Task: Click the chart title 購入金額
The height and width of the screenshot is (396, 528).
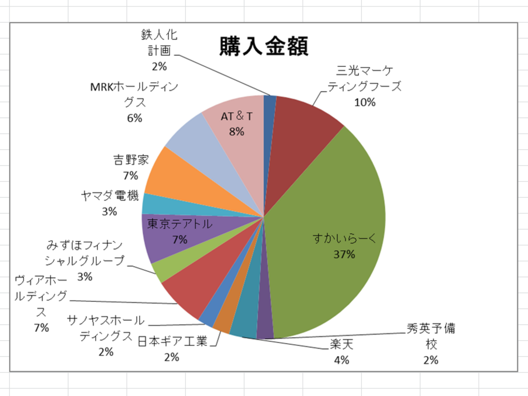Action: pos(264,46)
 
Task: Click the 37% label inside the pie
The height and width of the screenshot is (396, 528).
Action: pos(344,254)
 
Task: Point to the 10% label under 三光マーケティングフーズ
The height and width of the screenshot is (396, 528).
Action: pos(365,102)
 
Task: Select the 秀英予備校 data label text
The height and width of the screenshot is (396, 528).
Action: pos(431,336)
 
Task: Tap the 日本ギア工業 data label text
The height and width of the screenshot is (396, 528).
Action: pos(172,341)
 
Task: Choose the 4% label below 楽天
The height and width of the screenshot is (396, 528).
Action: pos(341,360)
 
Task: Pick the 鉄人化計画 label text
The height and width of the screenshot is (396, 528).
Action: pos(159,43)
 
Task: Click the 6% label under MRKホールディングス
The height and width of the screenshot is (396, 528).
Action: pos(135,118)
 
